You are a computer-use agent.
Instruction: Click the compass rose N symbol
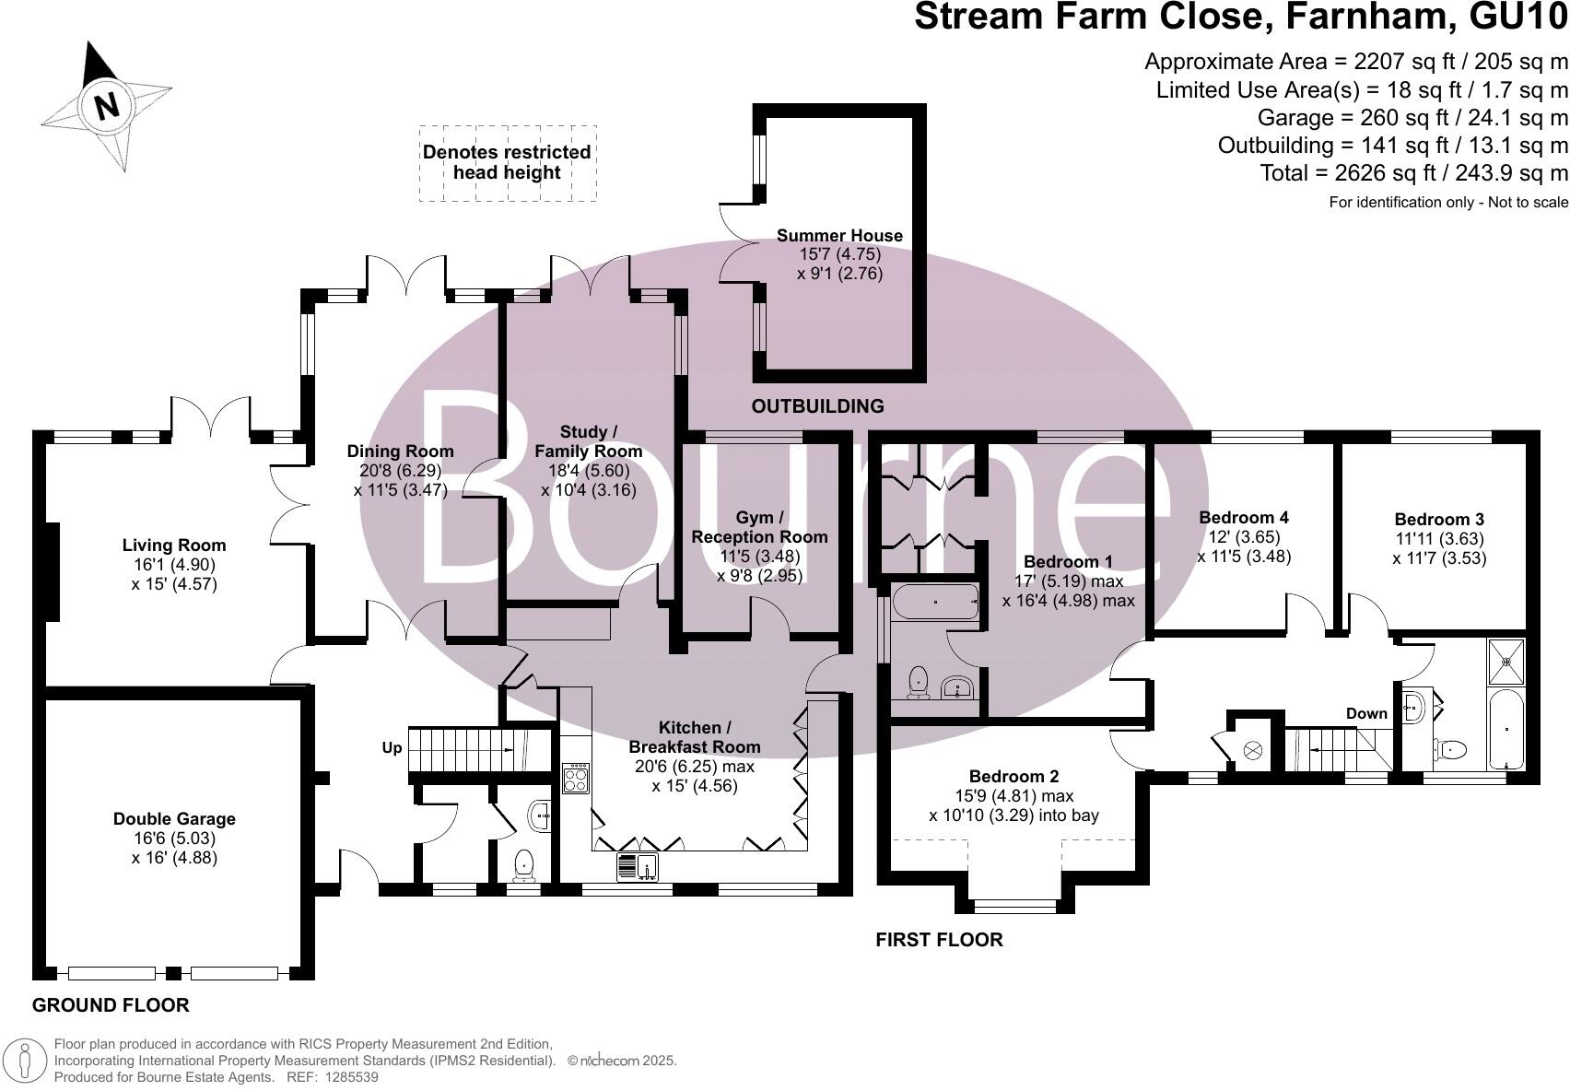107,106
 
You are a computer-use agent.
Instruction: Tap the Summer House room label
839,236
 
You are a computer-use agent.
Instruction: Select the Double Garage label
174,819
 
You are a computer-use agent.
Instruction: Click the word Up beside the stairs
392,748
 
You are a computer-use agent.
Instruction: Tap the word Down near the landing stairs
1366,714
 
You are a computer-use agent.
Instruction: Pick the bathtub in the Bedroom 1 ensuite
935,603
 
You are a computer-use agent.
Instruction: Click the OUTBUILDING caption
817,406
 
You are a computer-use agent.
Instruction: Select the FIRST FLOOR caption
938,940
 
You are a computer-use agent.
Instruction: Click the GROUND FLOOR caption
111,1005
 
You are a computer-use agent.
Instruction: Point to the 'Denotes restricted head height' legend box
508,163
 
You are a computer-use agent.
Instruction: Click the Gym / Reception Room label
759,527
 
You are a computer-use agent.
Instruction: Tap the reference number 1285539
346,1076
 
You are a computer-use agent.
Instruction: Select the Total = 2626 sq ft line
1413,173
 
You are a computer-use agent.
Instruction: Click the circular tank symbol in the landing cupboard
1254,751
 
